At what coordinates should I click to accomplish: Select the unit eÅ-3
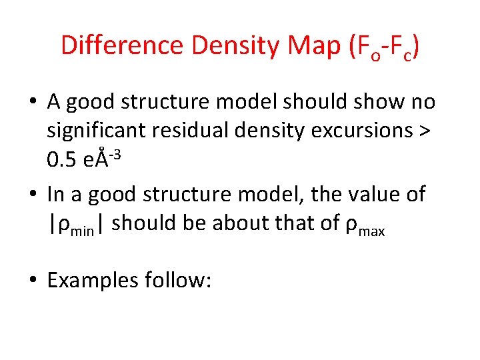point(108,159)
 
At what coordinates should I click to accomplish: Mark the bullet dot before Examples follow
point(33,281)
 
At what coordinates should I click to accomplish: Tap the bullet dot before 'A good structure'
point(33,103)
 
